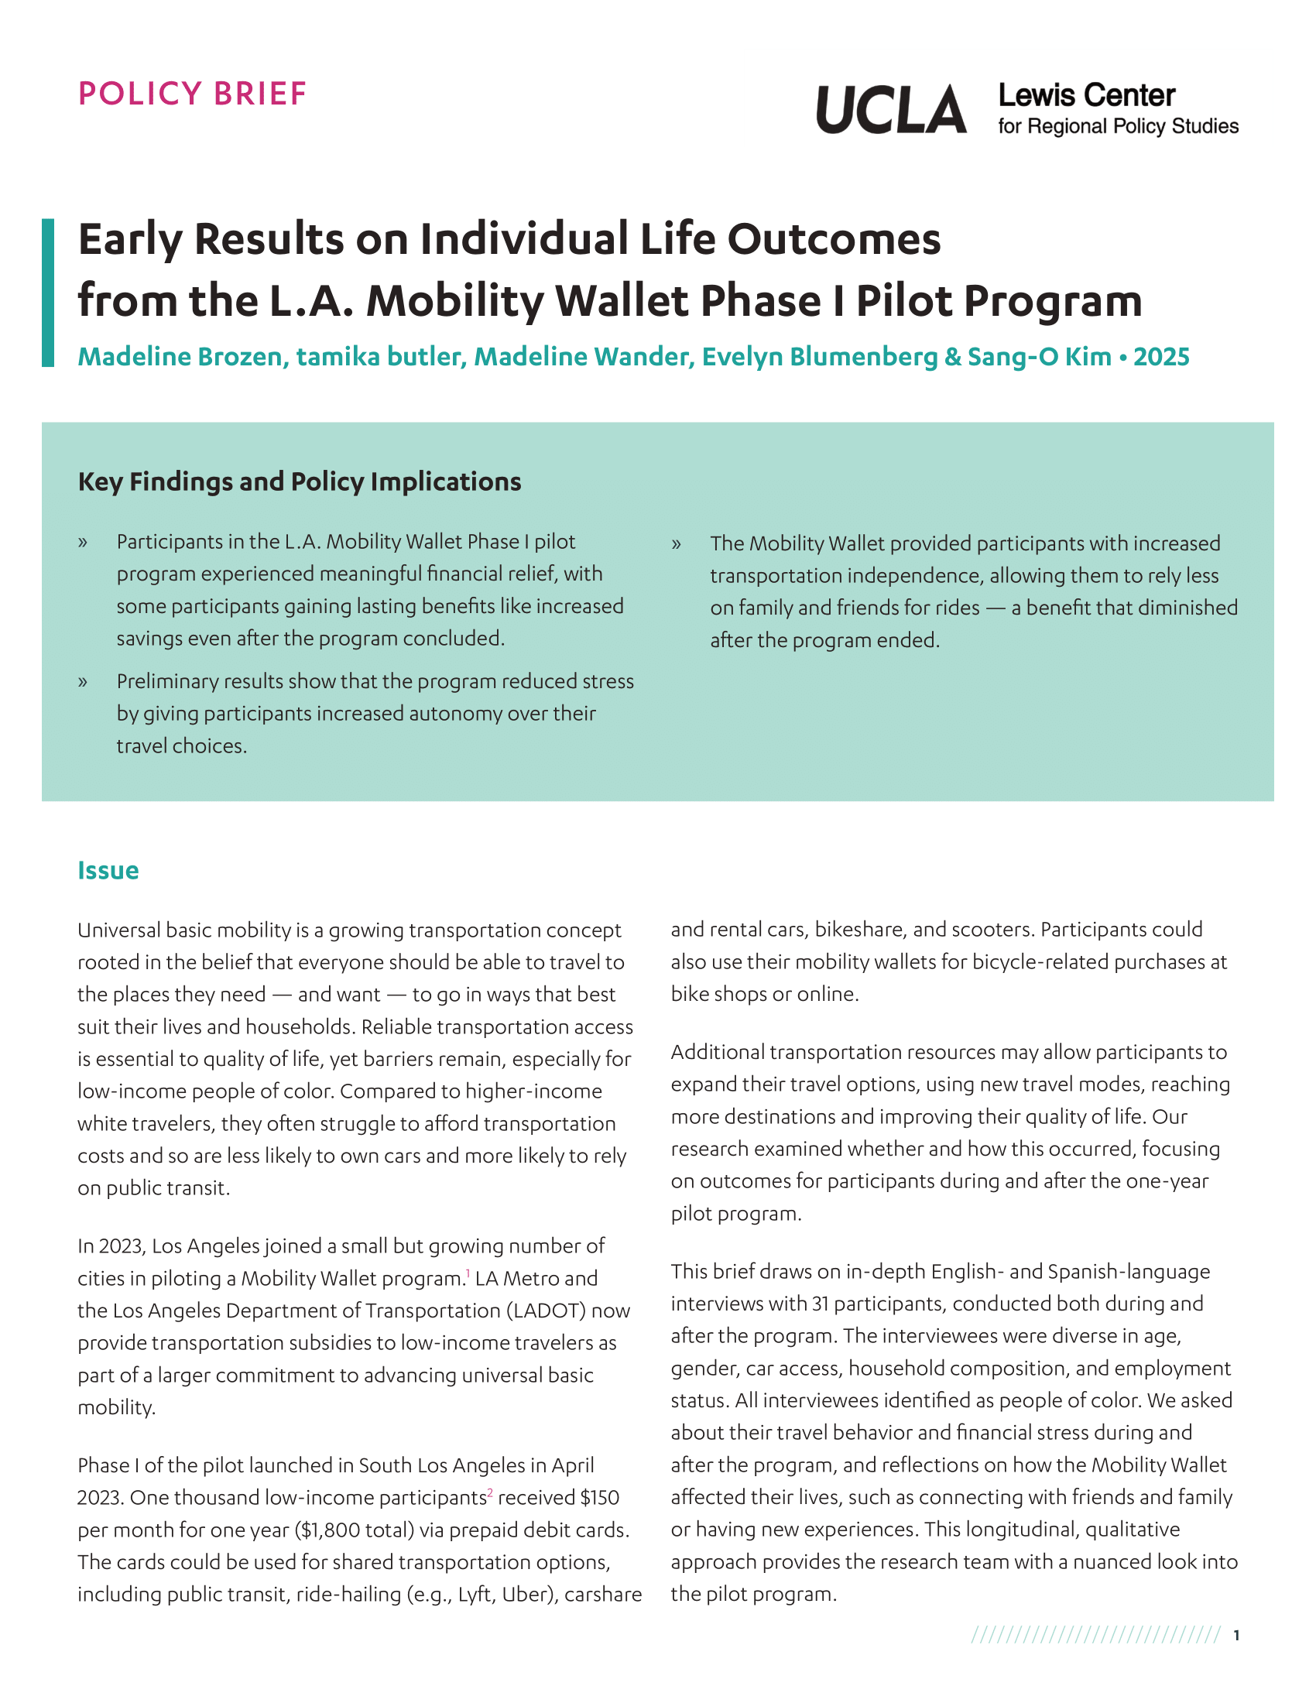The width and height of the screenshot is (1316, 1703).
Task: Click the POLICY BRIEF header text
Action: coord(193,94)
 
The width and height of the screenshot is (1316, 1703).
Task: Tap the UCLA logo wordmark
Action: coord(891,109)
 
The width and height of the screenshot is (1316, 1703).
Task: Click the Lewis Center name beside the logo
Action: coord(1086,96)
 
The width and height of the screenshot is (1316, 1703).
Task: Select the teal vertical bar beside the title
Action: coord(48,293)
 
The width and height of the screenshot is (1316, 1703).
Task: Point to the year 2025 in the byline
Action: coord(1161,356)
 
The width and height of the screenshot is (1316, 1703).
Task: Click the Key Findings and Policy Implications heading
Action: coord(300,482)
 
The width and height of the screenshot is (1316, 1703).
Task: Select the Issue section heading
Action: coord(108,870)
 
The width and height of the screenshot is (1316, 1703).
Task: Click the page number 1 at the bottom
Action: coord(1236,1635)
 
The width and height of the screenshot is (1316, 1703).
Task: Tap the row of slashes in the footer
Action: coord(1095,1635)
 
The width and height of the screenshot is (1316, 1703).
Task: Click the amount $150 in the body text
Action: coord(599,1498)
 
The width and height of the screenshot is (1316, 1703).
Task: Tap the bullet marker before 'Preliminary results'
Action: coord(83,682)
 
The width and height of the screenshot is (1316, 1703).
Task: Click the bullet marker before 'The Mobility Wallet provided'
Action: coord(676,544)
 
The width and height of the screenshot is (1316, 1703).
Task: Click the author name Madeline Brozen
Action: coord(180,356)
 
